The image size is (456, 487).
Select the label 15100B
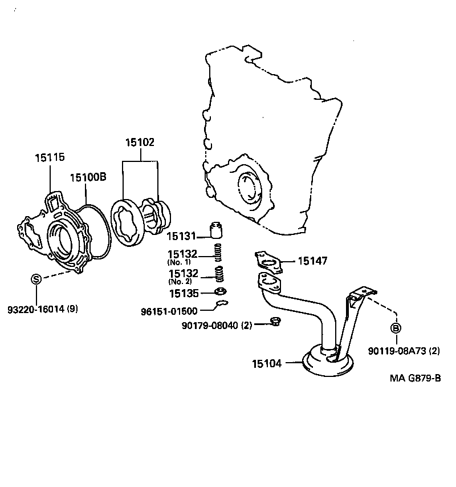pyautogui.click(x=88, y=177)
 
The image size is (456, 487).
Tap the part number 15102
pyautogui.click(x=140, y=143)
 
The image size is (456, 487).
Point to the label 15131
pyautogui.click(x=181, y=235)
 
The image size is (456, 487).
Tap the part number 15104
pyautogui.click(x=266, y=363)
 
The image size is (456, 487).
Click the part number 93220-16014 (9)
pyautogui.click(x=43, y=310)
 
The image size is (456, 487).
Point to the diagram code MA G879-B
pyautogui.click(x=416, y=378)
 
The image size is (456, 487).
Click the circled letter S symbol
pyautogui.click(x=35, y=279)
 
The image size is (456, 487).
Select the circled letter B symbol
pyautogui.click(x=395, y=328)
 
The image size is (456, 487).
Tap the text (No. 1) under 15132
pyautogui.click(x=180, y=262)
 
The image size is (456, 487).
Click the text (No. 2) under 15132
pyautogui.click(x=180, y=282)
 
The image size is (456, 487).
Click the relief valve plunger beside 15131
pyautogui.click(x=215, y=229)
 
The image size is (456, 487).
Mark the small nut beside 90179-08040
pyautogui.click(x=274, y=322)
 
